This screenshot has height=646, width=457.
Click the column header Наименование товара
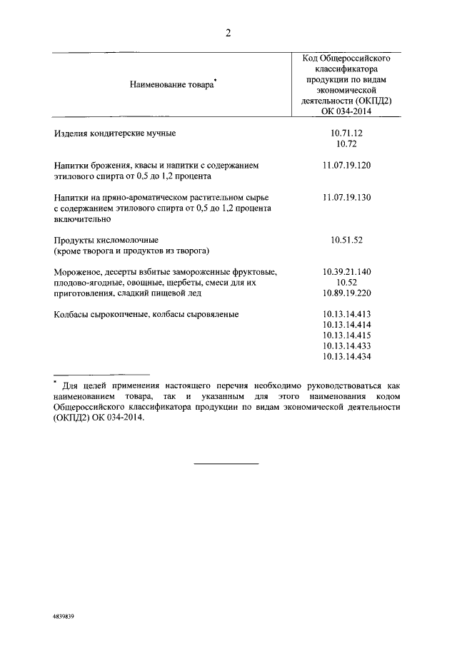(171, 85)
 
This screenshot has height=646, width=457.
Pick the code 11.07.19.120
(347, 165)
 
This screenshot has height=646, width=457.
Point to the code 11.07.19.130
(347, 197)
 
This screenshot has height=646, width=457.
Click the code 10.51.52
(347, 240)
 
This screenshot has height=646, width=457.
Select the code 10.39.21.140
(347, 272)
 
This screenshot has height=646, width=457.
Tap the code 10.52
(347, 283)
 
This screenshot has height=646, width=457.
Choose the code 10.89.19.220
(347, 293)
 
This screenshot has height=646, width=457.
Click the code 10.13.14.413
(347, 314)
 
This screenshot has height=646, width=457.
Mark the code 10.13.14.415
(347, 335)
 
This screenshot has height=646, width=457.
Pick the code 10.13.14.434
(347, 357)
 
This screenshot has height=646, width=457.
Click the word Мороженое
(77, 272)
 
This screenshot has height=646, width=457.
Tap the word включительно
(80, 219)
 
